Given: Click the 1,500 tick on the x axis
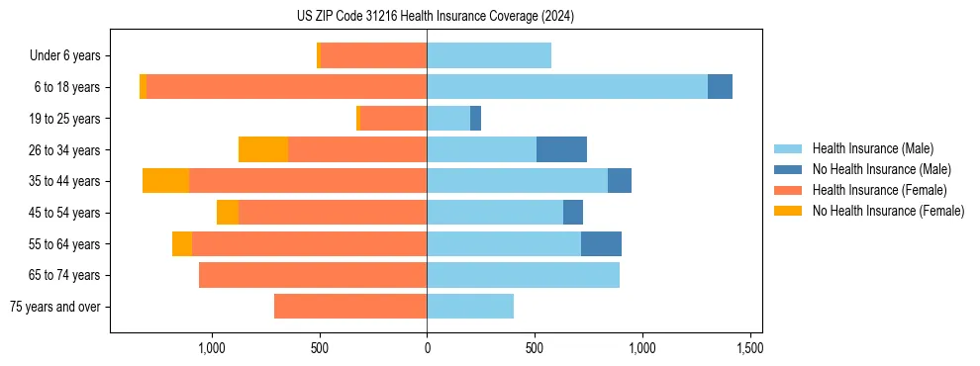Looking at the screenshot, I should pos(749,348).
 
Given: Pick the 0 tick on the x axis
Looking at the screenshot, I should pos(427,348).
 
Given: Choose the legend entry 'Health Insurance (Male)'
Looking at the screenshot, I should pos(872,148).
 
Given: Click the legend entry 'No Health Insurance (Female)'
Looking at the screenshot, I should pos(888,211).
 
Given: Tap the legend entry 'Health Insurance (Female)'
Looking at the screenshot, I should pos(879,190).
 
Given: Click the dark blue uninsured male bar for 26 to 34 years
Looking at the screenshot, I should pos(561,149).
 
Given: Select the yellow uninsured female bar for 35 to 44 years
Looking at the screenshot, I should pos(165,181).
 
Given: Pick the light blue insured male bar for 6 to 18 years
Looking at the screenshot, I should pos(566,87).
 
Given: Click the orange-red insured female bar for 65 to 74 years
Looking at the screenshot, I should pos(313,275).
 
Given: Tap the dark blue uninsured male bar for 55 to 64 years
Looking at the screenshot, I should pos(601,243).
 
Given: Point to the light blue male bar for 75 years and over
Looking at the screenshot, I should pos(470,307).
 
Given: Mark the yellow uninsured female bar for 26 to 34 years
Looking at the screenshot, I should pos(263,149).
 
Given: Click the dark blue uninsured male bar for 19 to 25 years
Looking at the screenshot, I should pos(475,119).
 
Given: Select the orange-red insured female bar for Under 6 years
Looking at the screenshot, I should pos(373,55).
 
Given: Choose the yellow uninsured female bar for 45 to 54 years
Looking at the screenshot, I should pos(228,213).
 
